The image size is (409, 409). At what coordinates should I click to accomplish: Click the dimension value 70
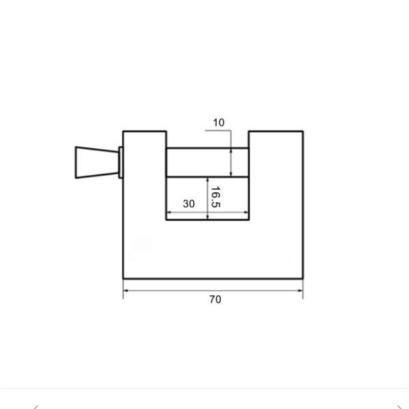click(x=215, y=299)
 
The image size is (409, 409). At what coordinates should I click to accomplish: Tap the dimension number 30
click(x=189, y=204)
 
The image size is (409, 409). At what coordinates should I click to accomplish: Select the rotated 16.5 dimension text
click(x=215, y=197)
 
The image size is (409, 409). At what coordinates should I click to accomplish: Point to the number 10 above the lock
click(x=219, y=123)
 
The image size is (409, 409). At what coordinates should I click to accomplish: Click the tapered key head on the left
click(x=97, y=162)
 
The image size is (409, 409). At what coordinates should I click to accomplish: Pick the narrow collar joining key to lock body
click(x=121, y=162)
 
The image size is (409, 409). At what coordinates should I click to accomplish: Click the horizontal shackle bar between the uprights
click(x=208, y=162)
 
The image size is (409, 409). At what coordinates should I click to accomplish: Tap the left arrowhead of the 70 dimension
click(x=125, y=290)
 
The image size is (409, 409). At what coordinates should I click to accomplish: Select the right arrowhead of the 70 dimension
click(x=301, y=290)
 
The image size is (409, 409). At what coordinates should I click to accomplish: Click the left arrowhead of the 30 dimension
click(x=169, y=212)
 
